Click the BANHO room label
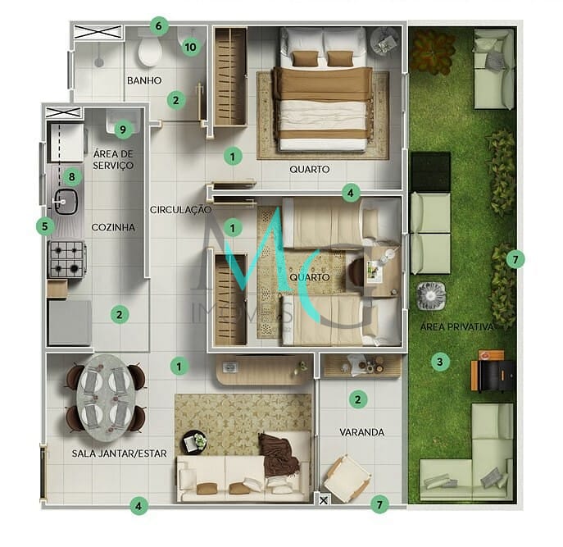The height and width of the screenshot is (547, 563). pyautogui.click(x=144, y=80)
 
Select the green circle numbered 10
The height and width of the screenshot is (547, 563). pyautogui.click(x=190, y=47)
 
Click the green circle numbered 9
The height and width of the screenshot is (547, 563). pyautogui.click(x=123, y=129)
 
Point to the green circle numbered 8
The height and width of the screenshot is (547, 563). pyautogui.click(x=72, y=175)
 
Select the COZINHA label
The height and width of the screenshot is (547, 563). pyautogui.click(x=113, y=227)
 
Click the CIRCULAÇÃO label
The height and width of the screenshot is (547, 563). pyautogui.click(x=180, y=209)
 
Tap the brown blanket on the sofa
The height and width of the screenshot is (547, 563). pyautogui.click(x=276, y=454)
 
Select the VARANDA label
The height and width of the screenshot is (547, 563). pyautogui.click(x=361, y=431)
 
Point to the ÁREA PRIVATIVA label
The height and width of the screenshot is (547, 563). pyautogui.click(x=457, y=326)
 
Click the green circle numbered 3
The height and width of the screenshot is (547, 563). pyautogui.click(x=440, y=361)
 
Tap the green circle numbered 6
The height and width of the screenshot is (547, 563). pyautogui.click(x=159, y=25)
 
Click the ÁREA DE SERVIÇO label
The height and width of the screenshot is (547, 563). pyautogui.click(x=113, y=159)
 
